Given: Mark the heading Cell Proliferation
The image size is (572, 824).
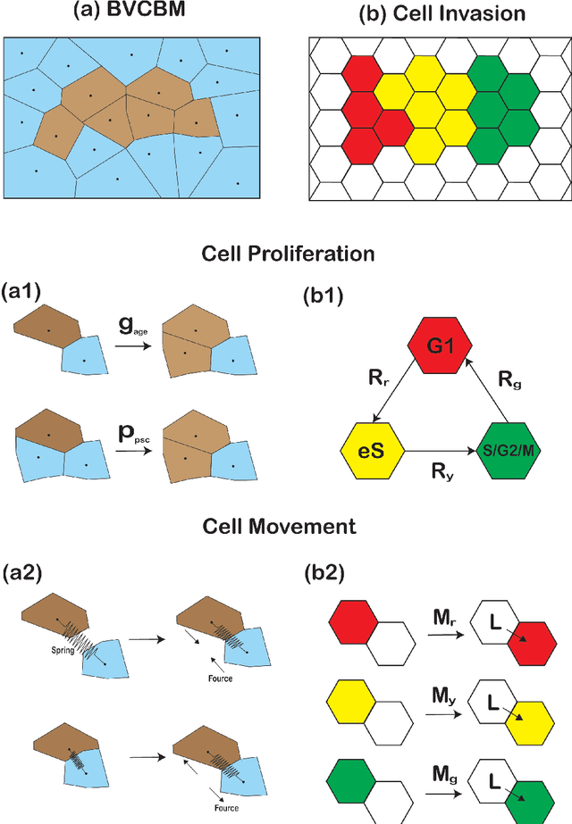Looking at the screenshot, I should click(286, 254).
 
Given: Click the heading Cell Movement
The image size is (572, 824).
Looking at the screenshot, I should click(286, 527).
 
